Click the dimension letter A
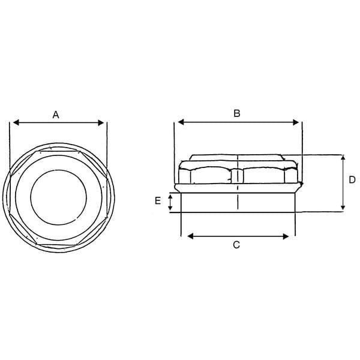click(x=56, y=115)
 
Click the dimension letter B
click(x=237, y=113)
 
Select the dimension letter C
click(x=236, y=245)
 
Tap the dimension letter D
click(x=352, y=180)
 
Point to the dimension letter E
click(x=158, y=201)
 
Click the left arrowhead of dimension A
click(x=16, y=122)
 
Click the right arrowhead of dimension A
click(x=101, y=123)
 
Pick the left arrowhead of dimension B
click(x=181, y=122)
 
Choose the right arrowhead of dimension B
click(x=296, y=122)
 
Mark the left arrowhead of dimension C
click(x=190, y=236)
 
